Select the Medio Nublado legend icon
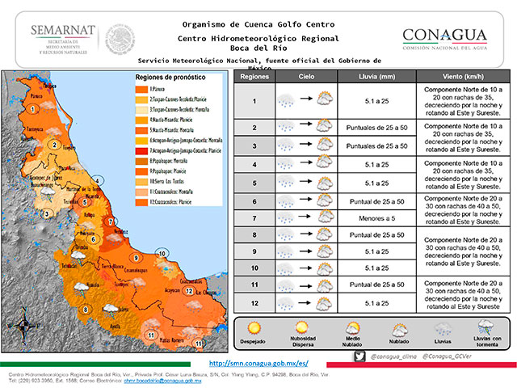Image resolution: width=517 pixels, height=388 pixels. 352,328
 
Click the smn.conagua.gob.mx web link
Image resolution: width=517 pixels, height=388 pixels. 258,365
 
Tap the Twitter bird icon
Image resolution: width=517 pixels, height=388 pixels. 359,356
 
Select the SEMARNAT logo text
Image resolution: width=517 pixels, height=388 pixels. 62,31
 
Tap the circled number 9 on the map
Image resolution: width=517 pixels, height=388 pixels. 137,257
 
